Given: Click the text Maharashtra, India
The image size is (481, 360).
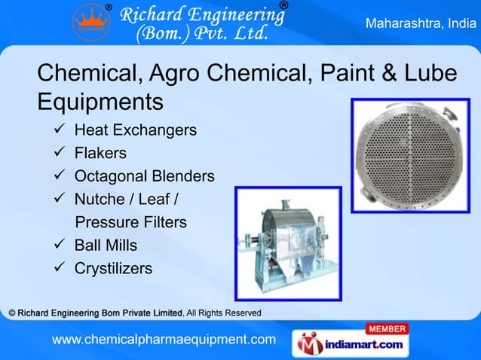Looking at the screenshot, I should click(x=420, y=23).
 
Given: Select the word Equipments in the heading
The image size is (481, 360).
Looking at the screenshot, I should click(x=100, y=101).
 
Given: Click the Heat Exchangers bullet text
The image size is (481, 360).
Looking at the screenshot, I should click(x=135, y=130).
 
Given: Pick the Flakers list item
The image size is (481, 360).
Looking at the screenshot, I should click(x=100, y=154).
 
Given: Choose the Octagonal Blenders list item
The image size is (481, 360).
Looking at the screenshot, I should click(x=144, y=177).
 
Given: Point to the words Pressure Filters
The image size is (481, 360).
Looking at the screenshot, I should click(x=131, y=223).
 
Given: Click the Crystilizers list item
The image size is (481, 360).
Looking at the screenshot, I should click(x=113, y=269).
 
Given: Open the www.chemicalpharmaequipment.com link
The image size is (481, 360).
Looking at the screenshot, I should click(x=164, y=340).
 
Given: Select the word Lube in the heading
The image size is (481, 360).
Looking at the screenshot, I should click(x=429, y=74).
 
